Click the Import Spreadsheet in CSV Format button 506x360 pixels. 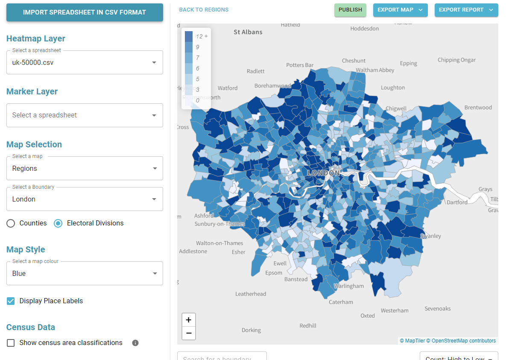pyautogui.click(x=85, y=12)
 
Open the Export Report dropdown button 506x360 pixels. pyautogui.click(x=466, y=10)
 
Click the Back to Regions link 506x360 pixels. pyautogui.click(x=204, y=9)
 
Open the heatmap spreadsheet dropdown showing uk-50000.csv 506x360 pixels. pyautogui.click(x=85, y=62)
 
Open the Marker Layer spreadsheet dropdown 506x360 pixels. pyautogui.click(x=85, y=115)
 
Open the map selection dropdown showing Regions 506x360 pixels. pyautogui.click(x=85, y=168)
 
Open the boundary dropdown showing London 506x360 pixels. pyautogui.click(x=85, y=199)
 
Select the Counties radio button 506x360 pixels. pyautogui.click(x=11, y=223)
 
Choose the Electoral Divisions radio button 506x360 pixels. pyautogui.click(x=58, y=223)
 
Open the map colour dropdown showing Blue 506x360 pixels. pyautogui.click(x=85, y=273)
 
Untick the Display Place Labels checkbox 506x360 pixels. pyautogui.click(x=11, y=301)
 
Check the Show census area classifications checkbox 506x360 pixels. pyautogui.click(x=11, y=343)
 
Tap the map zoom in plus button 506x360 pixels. pyautogui.click(x=189, y=320)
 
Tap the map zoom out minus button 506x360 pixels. pyautogui.click(x=189, y=333)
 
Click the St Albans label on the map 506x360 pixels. pyautogui.click(x=248, y=32)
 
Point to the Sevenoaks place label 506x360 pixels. pyautogui.click(x=437, y=308)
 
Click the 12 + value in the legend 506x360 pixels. pyautogui.click(x=202, y=36)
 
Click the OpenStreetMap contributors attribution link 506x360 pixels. pyautogui.click(x=463, y=341)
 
